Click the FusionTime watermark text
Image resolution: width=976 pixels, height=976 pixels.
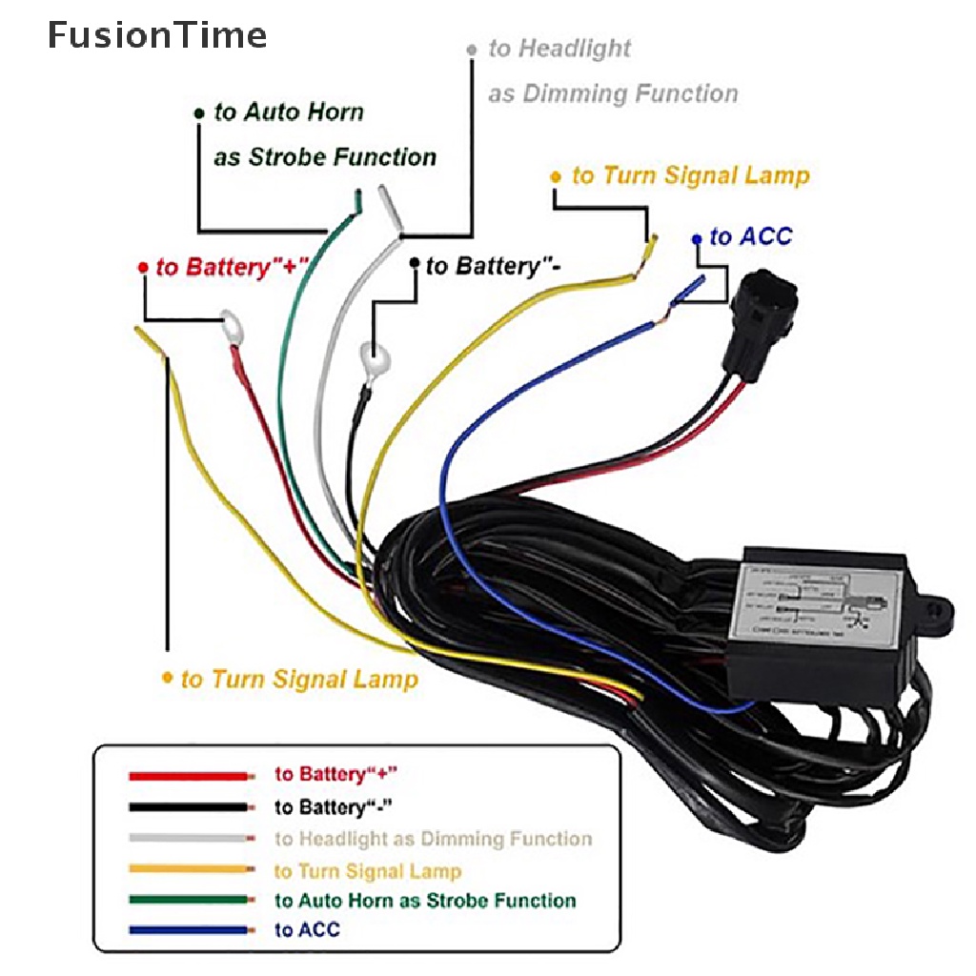click(x=157, y=36)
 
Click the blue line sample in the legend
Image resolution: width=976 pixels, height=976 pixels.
click(x=191, y=930)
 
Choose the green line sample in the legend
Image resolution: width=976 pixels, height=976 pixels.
click(x=191, y=900)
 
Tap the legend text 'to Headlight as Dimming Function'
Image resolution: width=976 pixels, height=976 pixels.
click(x=434, y=839)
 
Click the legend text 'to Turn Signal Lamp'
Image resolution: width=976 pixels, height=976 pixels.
click(x=368, y=871)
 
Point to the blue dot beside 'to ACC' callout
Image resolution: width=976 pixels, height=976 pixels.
click(x=697, y=238)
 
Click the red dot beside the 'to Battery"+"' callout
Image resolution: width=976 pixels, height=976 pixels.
click(x=143, y=268)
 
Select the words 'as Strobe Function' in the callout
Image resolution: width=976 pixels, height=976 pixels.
click(x=325, y=157)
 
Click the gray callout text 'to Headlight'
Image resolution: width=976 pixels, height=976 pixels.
click(x=559, y=49)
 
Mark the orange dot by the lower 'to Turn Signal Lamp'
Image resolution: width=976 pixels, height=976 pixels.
click(x=168, y=678)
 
